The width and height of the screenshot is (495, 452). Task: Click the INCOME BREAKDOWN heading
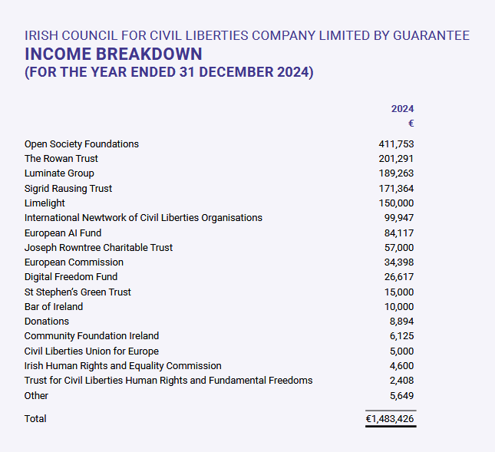tap(114, 54)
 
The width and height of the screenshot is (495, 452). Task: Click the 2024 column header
tap(402, 109)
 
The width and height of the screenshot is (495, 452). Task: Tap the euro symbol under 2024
tap(411, 124)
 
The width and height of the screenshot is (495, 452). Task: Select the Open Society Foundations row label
tap(81, 144)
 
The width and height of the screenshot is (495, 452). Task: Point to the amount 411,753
tap(396, 144)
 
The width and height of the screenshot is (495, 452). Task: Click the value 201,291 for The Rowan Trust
tap(396, 159)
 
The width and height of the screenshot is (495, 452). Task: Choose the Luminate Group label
tap(59, 173)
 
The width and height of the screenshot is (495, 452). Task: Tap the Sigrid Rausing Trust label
tap(68, 189)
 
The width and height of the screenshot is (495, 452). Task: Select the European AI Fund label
tap(63, 233)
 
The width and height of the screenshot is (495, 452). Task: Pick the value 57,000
tap(399, 248)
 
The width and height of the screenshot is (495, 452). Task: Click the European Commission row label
tap(74, 262)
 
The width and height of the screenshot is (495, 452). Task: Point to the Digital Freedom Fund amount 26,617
tap(399, 277)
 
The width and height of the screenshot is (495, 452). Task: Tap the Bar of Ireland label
tap(54, 307)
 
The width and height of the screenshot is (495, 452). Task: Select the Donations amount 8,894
tap(402, 322)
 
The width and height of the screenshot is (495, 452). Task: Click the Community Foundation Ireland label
tap(91, 336)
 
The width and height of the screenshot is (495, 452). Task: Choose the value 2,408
tap(402, 381)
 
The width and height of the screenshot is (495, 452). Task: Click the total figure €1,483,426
tap(390, 419)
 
